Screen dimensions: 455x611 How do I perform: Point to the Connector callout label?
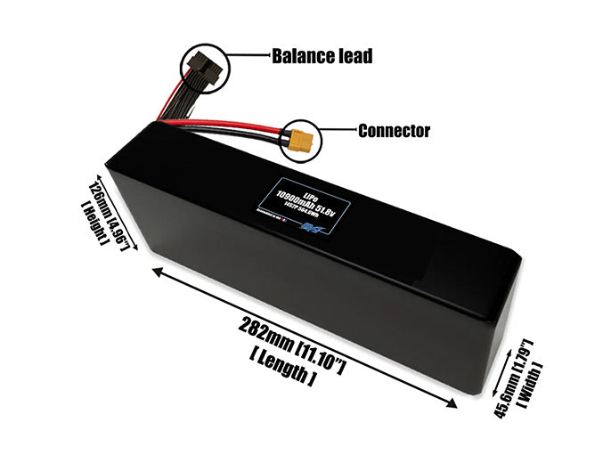[394, 132]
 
